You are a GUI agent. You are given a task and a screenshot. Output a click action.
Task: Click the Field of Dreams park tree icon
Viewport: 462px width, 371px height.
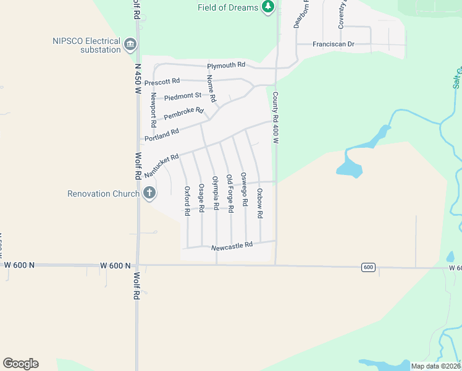tap(267, 7)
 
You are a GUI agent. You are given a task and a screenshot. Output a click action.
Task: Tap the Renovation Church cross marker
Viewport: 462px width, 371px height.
tap(149, 194)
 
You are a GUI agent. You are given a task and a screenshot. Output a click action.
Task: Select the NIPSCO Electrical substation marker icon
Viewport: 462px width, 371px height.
tap(130, 45)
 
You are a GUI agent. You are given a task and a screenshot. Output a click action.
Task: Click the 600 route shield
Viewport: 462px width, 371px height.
tap(368, 267)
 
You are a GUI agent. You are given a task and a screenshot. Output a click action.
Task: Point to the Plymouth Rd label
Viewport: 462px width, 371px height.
tap(226, 66)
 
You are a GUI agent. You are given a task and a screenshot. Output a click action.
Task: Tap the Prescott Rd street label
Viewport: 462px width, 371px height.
tap(162, 82)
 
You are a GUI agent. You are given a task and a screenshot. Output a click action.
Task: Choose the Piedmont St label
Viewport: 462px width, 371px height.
tap(183, 96)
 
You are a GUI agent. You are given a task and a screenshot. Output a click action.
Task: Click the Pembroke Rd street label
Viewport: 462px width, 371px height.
tap(183, 114)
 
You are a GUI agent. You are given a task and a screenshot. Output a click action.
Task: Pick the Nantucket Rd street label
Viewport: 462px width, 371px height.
tap(161, 166)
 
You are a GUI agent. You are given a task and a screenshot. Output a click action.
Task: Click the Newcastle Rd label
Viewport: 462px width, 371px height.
tap(232, 245)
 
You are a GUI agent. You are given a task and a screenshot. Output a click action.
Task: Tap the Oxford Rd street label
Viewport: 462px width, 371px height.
tap(187, 201)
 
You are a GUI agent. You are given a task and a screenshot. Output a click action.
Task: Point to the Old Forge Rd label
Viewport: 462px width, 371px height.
tap(230, 194)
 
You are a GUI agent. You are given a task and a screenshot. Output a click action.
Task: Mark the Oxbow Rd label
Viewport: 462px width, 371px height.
tap(260, 203)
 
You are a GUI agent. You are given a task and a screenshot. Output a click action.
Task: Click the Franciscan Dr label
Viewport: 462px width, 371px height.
tap(334, 45)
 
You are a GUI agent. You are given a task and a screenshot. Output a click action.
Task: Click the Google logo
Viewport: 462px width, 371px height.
tap(20, 364)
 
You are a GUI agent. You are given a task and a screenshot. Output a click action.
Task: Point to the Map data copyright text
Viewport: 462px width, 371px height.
tap(435, 365)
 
